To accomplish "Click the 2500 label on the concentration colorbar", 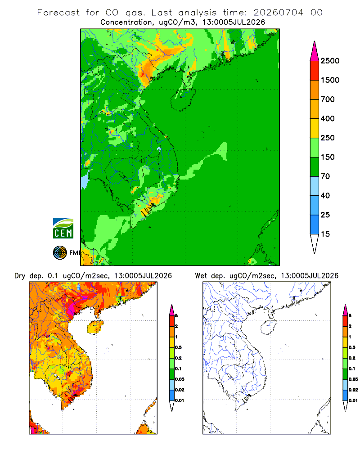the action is point(330,61).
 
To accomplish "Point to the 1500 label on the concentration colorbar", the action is point(330,80).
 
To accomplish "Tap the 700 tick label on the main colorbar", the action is point(328,99).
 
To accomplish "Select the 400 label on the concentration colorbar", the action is point(328,118).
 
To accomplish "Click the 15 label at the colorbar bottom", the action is point(325,234).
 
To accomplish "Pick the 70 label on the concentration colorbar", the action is point(325,176).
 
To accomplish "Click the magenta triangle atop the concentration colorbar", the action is point(315,52).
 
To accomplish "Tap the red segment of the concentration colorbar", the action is point(315,71).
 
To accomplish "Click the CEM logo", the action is point(63,229).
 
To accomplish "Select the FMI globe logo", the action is point(60,253).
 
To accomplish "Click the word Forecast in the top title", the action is point(58,13).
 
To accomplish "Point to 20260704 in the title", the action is point(278,13).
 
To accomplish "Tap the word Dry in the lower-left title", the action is point(20,276).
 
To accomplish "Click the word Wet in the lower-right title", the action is point(201,276).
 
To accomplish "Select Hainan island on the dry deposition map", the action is point(95,327).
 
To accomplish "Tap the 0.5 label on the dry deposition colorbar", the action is point(178,347).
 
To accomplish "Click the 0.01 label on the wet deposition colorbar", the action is point(353,400).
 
